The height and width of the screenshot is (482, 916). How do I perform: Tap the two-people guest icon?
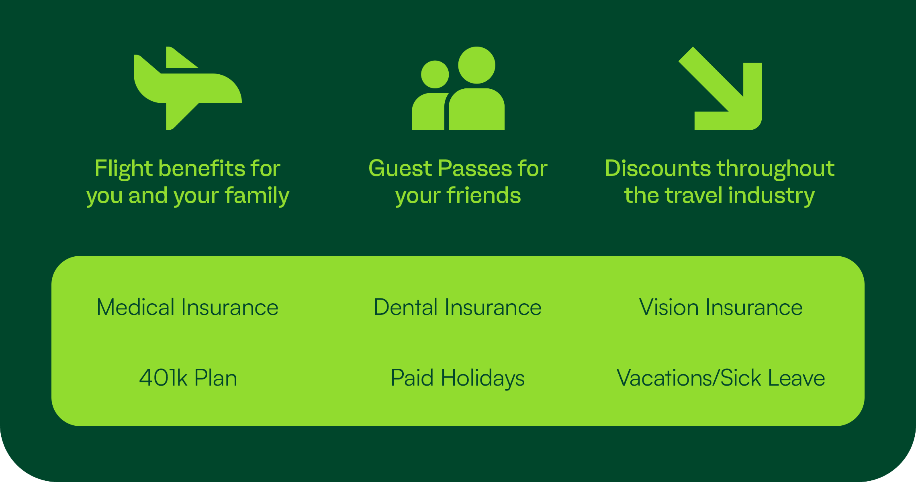point(458,88)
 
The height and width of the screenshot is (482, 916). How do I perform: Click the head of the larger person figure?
point(476,65)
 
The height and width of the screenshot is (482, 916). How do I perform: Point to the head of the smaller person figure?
point(435,74)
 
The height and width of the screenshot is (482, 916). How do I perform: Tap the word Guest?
point(400,168)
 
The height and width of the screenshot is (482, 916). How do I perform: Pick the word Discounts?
point(658,168)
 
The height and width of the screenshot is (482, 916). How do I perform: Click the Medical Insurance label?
point(188,307)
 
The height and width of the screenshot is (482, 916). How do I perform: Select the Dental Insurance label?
point(458,307)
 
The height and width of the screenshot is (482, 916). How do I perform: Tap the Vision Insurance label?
point(721,307)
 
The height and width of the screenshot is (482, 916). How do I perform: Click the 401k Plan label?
point(188,378)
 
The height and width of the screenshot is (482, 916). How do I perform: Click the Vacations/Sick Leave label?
point(721,378)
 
